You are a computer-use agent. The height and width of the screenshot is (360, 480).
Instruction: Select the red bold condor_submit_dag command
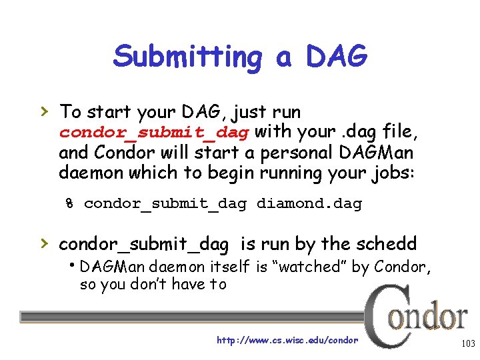[155, 132]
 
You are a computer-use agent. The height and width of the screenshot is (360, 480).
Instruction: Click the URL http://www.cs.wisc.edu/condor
[287, 341]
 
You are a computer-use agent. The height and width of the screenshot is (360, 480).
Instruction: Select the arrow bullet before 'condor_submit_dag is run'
[45, 243]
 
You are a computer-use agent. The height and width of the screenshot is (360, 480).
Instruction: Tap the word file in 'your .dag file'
[398, 132]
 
